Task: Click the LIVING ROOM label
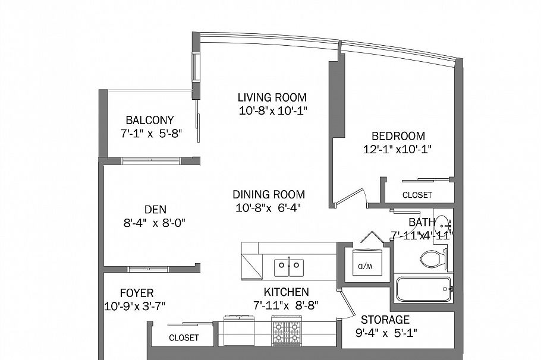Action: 272,97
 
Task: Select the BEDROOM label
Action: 398,136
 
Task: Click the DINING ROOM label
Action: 269,194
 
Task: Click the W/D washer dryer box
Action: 362,264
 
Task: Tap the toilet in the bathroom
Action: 432,258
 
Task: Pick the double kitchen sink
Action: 289,267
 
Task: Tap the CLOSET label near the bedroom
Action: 417,195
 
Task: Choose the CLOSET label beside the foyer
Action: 184,337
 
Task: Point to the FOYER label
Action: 137,293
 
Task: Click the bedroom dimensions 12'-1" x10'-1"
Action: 397,150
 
